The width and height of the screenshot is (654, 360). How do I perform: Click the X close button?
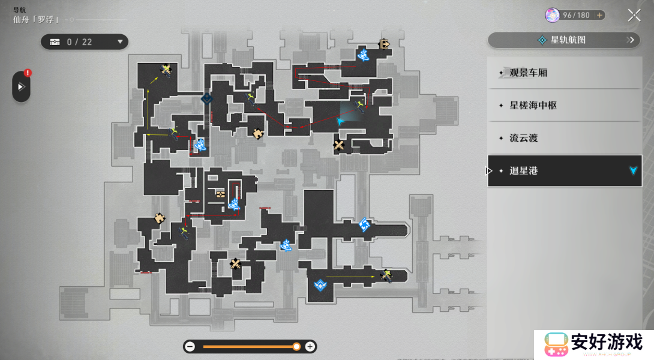click(x=634, y=16)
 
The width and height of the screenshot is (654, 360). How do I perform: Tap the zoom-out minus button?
click(x=190, y=347)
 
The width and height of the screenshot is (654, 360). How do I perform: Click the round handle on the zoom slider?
click(x=296, y=347)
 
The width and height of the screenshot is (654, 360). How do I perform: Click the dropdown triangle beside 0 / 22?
click(x=120, y=42)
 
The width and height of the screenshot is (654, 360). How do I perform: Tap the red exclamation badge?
click(x=28, y=73)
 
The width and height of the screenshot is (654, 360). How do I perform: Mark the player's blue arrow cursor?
click(x=340, y=121)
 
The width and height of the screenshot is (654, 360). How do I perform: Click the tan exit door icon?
click(x=383, y=44)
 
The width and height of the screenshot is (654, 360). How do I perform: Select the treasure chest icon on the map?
click(x=220, y=194)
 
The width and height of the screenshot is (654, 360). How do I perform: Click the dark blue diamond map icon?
click(x=207, y=98)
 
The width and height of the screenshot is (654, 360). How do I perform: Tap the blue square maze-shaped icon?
click(x=364, y=225)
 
